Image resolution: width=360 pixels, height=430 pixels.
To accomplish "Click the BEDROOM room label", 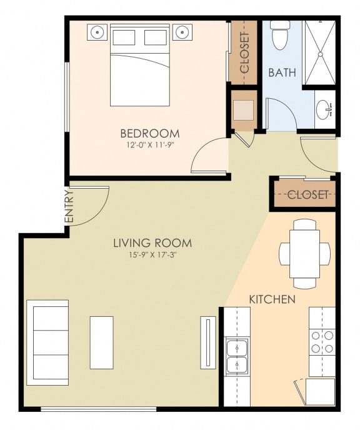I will pyautogui.click(x=149, y=133).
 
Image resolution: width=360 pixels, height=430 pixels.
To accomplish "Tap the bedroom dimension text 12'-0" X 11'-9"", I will pyautogui.click(x=149, y=145).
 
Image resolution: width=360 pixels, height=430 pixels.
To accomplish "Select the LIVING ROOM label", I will pyautogui.click(x=152, y=243).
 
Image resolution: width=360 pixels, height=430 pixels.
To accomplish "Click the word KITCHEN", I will pyautogui.click(x=272, y=299).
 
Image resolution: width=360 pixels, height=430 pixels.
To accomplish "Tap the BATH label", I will pyautogui.click(x=282, y=72).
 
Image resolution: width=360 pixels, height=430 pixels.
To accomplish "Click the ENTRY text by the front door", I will pyautogui.click(x=69, y=207).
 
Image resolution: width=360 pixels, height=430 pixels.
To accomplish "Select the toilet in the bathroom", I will pyautogui.click(x=280, y=36).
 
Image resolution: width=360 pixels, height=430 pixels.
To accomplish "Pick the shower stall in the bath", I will pyautogui.click(x=319, y=52).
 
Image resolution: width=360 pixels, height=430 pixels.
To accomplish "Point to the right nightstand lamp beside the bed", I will pyautogui.click(x=182, y=31).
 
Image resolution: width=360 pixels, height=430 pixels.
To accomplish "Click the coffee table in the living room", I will pyautogui.click(x=101, y=342).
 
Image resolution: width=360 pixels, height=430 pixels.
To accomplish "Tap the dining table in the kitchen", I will pyautogui.click(x=304, y=253).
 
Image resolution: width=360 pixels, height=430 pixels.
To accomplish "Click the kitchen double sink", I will pyautogui.click(x=237, y=356).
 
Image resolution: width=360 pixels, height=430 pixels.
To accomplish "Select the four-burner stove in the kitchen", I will pyautogui.click(x=322, y=342).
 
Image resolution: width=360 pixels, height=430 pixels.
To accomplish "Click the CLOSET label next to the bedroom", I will pyautogui.click(x=244, y=52).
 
